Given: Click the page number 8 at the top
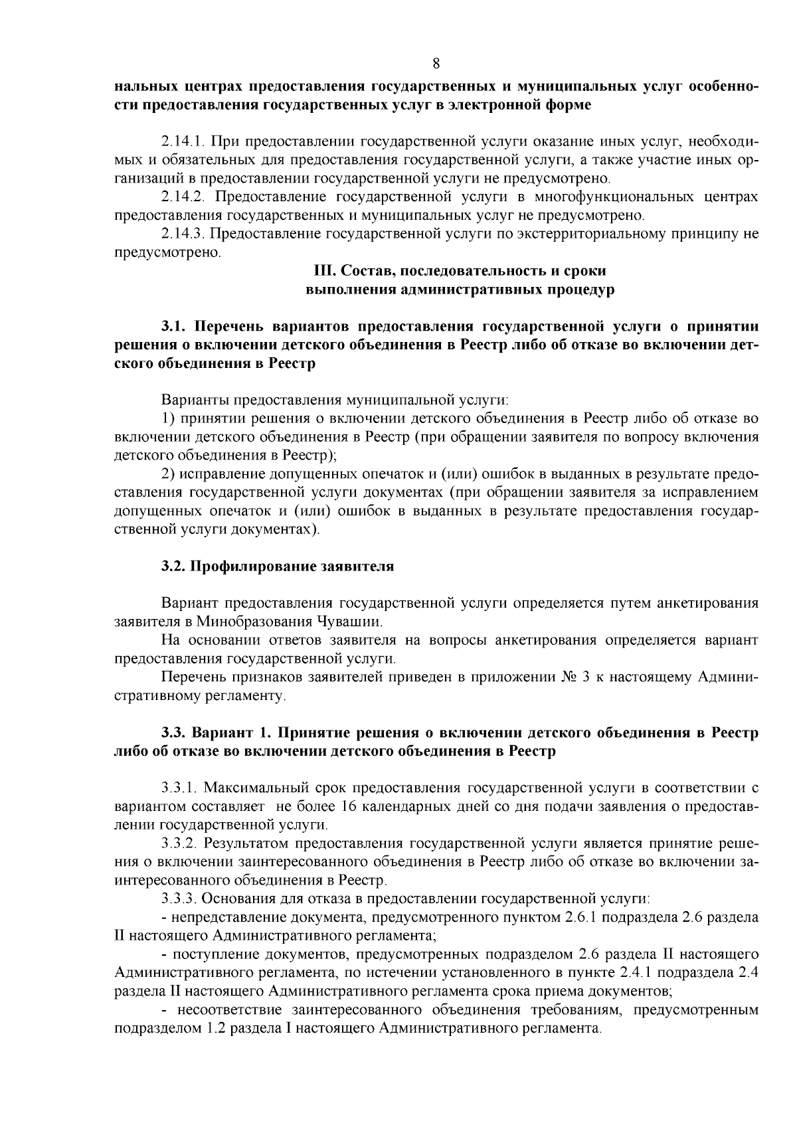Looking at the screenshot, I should pos(436,64).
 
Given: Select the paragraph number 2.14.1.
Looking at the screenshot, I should pos(183,142).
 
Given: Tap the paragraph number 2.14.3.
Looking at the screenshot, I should pos(183,234).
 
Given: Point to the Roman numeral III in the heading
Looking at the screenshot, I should pos(322,272).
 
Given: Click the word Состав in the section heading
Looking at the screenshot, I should pos(361,272).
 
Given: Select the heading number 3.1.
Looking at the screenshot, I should pos(173,327).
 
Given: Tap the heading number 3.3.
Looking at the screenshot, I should pos(173,733).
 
